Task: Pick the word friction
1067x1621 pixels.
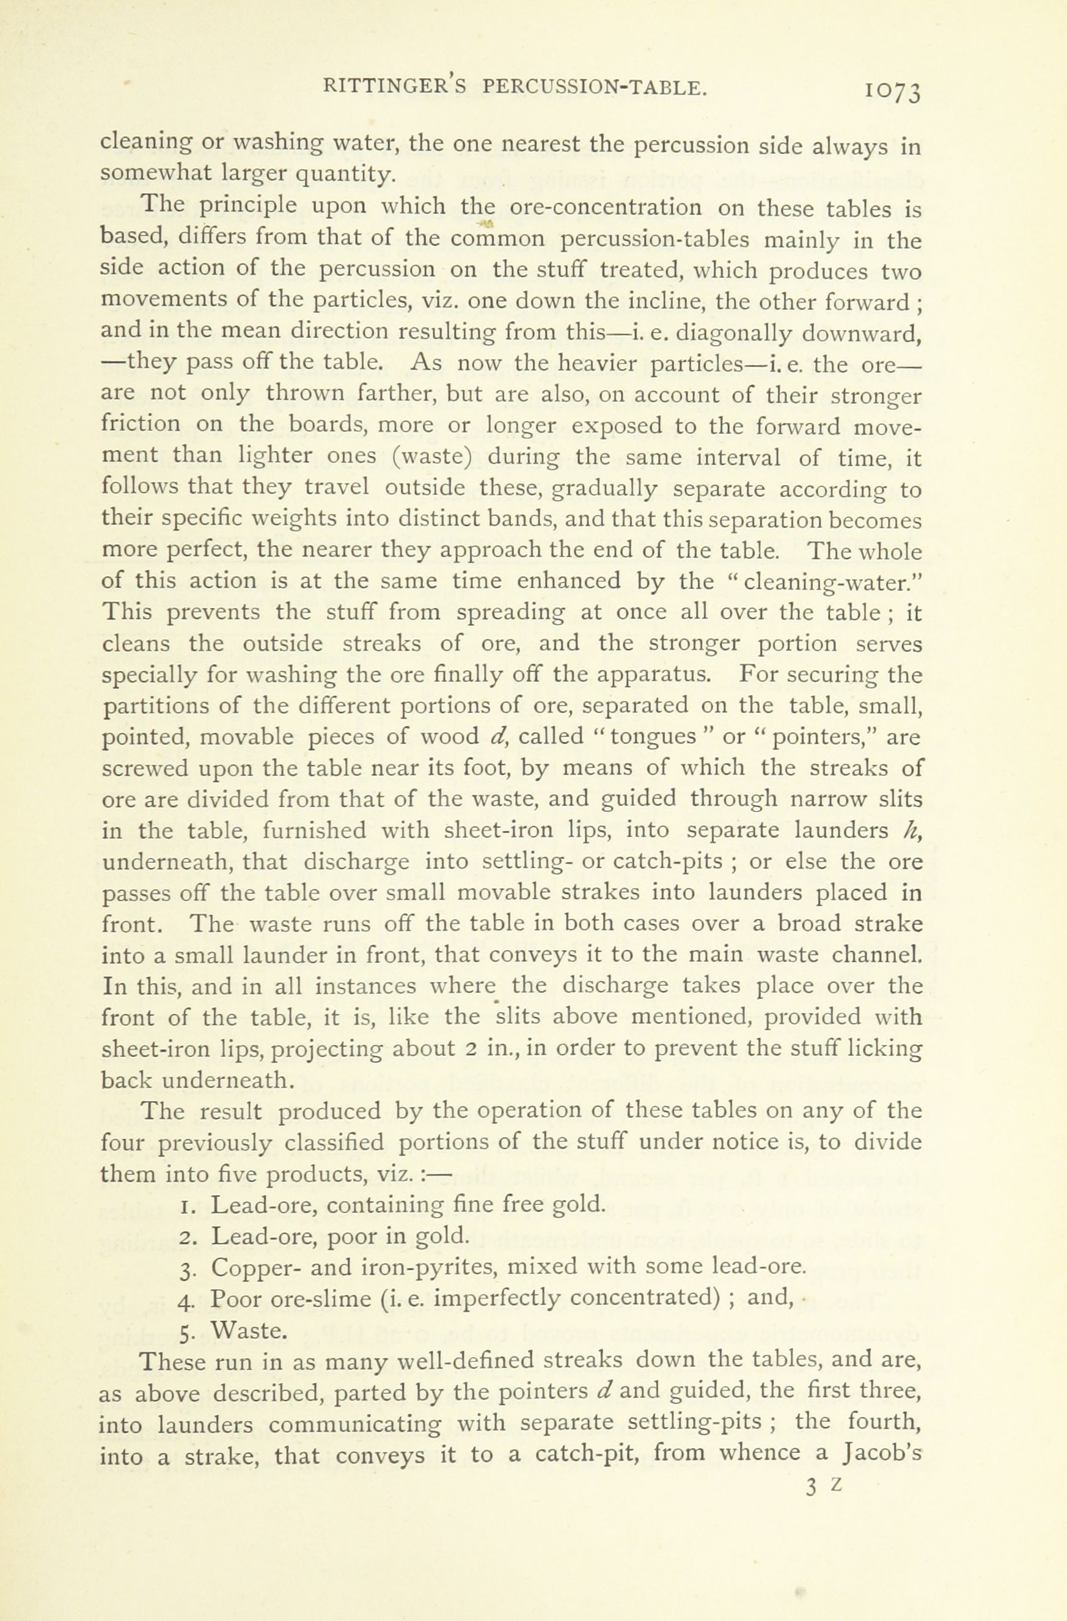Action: coord(141,423)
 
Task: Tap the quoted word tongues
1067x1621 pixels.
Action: coord(653,737)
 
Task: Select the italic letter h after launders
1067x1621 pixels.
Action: coord(906,830)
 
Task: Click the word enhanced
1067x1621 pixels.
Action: coord(568,581)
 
